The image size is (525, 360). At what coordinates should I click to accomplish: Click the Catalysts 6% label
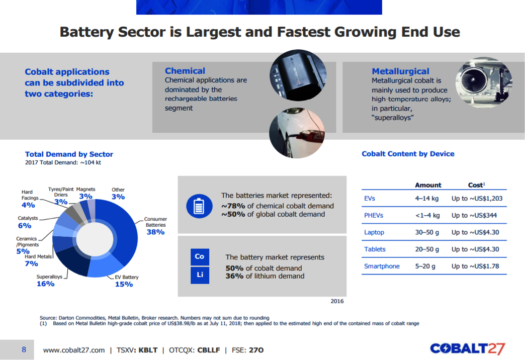pyautogui.click(x=28, y=222)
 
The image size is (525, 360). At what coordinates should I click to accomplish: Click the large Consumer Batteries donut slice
pyautogui.click(x=123, y=231)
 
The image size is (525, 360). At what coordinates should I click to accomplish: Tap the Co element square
pyautogui.click(x=200, y=257)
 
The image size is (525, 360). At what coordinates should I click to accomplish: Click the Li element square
pyautogui.click(x=200, y=276)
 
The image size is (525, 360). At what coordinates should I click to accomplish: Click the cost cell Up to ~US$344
pyautogui.click(x=471, y=216)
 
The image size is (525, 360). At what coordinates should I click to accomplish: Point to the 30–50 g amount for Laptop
pyautogui.click(x=427, y=232)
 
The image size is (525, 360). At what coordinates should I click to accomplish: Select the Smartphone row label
pyautogui.click(x=382, y=266)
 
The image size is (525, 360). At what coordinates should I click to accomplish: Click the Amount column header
pyautogui.click(x=428, y=185)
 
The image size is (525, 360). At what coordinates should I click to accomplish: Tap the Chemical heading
pyautogui.click(x=185, y=71)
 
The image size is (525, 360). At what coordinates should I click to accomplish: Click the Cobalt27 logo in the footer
pyautogui.click(x=467, y=349)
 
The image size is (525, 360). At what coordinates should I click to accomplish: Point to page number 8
pyautogui.click(x=24, y=349)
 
